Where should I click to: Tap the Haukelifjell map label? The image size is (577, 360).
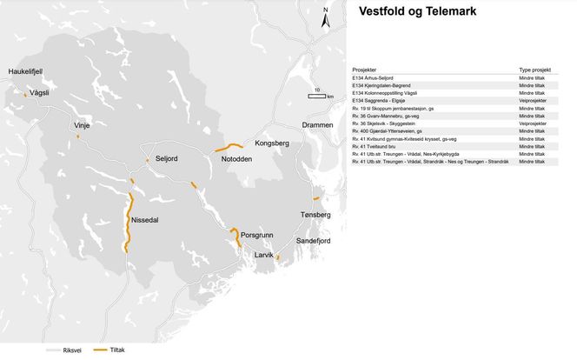pyautogui.click(x=25, y=70)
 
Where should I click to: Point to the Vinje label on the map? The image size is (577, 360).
pyautogui.click(x=82, y=125)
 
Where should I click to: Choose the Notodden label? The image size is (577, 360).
pyautogui.click(x=236, y=158)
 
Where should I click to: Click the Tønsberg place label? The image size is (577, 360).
pyautogui.click(x=315, y=214)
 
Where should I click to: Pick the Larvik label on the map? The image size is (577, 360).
pyautogui.click(x=263, y=255)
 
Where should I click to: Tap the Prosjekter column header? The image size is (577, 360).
pyautogui.click(x=364, y=69)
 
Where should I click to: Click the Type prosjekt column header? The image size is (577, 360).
pyautogui.click(x=535, y=69)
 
